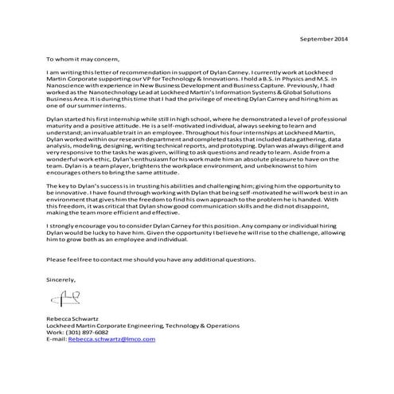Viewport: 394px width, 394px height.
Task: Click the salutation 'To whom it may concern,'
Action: click(78, 59)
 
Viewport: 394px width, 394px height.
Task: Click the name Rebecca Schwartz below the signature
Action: click(74, 318)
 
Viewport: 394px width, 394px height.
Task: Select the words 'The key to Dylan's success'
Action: click(86, 184)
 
